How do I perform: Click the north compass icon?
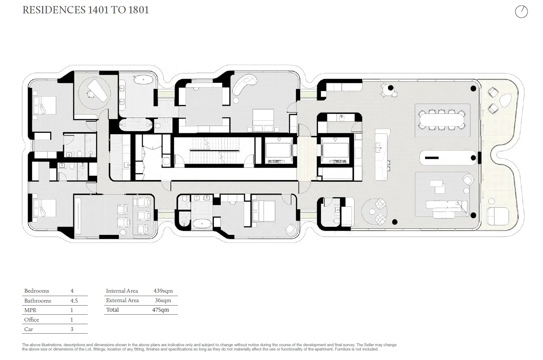[521, 12]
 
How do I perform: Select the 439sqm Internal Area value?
[163, 291]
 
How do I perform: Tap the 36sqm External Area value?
[163, 300]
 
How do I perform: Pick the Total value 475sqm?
[160, 310]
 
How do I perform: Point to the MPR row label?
[30, 310]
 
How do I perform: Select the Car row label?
[29, 329]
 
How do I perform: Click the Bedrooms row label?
[37, 291]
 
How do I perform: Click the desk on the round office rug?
[97, 91]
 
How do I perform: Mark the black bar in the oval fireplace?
[432, 158]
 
